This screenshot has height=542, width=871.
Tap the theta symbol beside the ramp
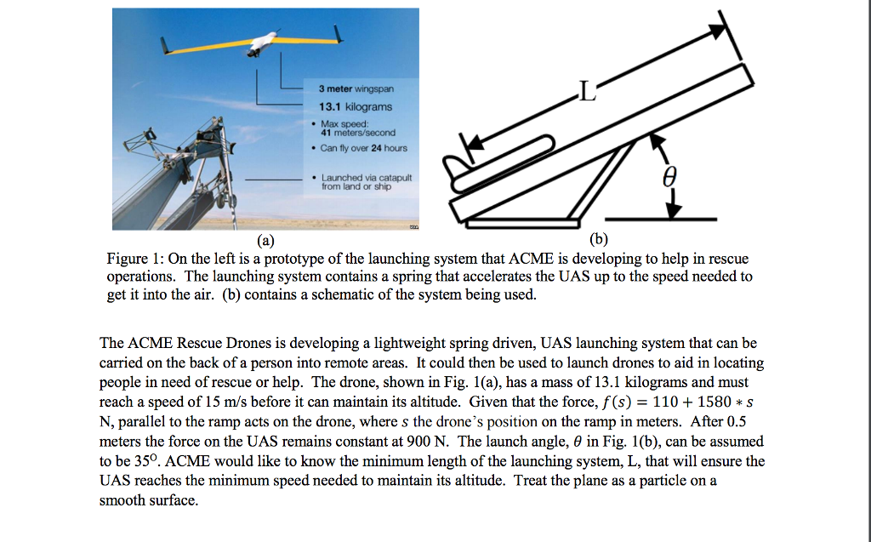[669, 176]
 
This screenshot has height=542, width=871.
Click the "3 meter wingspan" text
[356, 88]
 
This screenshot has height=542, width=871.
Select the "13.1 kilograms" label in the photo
[356, 107]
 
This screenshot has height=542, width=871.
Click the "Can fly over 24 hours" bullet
[363, 148]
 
